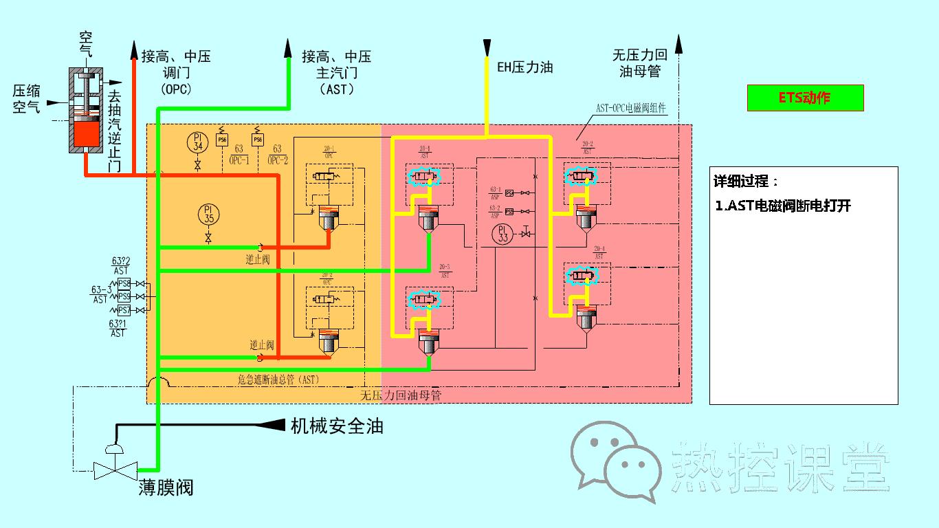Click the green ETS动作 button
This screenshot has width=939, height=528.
[x=805, y=98]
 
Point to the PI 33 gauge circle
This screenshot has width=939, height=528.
[x=503, y=234]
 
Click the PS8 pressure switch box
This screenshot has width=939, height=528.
[x=124, y=284]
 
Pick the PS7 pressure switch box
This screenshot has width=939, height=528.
[x=124, y=310]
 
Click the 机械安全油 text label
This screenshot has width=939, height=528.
[x=337, y=426]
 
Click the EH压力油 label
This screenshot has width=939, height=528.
[x=524, y=67]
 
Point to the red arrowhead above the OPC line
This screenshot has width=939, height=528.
[x=133, y=47]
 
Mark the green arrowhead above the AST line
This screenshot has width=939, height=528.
[x=289, y=47]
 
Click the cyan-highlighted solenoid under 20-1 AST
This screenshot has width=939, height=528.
[x=424, y=178]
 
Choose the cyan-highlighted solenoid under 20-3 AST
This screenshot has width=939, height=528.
[x=424, y=299]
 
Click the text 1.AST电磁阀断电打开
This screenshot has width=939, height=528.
[x=783, y=206]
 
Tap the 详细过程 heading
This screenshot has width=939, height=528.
[x=747, y=182]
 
